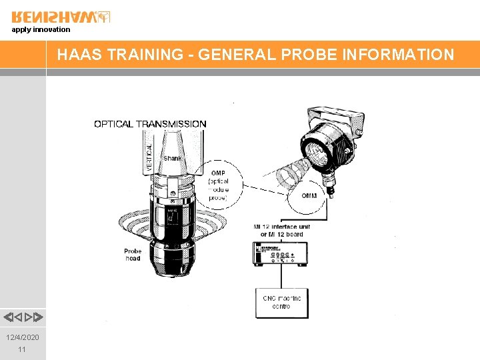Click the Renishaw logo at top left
[61, 17]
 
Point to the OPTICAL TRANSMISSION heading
[150, 124]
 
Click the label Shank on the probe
[172, 158]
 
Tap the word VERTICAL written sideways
[149, 153]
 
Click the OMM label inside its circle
[309, 195]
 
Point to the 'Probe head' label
[133, 255]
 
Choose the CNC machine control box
[283, 302]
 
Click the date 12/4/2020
[23, 337]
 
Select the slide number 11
[23, 349]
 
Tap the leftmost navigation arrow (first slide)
[7, 317]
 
